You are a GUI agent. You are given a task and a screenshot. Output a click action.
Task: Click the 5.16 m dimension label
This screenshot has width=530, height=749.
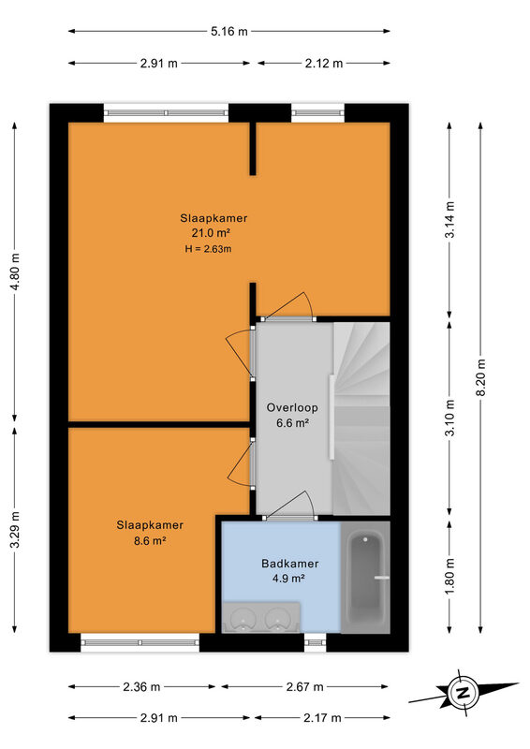[x=229, y=32]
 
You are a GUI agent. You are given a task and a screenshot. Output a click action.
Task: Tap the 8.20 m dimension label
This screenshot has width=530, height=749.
[x=480, y=377]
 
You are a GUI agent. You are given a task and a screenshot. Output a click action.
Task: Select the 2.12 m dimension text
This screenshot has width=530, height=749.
[x=324, y=63]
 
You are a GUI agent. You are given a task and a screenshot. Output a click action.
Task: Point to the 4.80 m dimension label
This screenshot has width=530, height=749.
[x=15, y=272]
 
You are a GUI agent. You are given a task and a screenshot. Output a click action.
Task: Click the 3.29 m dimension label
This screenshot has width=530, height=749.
[x=15, y=530]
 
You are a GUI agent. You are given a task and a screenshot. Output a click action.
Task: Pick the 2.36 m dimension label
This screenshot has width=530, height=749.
[x=141, y=687]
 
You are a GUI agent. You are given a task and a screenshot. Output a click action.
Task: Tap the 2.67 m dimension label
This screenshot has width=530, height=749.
[x=305, y=687]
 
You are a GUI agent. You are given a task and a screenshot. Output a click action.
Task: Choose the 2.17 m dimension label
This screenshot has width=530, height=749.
[x=322, y=717]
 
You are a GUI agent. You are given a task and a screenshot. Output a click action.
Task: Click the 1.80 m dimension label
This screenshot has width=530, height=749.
[x=449, y=576]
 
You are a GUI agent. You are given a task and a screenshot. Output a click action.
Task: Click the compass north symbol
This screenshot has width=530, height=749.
[x=463, y=693]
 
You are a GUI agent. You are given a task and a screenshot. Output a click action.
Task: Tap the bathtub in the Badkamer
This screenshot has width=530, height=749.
[x=365, y=578]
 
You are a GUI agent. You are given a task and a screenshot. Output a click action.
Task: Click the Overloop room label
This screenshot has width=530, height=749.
[x=292, y=407]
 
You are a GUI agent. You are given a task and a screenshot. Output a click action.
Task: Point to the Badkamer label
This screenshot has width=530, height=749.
[x=289, y=564]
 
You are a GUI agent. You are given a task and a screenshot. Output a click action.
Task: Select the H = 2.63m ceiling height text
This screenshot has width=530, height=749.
[x=209, y=248]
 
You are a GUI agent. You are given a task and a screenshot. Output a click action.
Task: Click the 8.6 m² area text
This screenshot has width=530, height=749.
[x=150, y=541]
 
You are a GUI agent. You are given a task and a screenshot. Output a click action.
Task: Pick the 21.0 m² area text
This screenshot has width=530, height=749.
[x=212, y=233]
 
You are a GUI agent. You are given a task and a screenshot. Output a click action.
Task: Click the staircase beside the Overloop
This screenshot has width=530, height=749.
[x=361, y=419]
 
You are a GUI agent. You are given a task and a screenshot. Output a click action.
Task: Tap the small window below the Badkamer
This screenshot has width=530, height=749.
[x=315, y=642]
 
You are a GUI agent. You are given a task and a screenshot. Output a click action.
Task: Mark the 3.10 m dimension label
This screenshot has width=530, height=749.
[x=449, y=418]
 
